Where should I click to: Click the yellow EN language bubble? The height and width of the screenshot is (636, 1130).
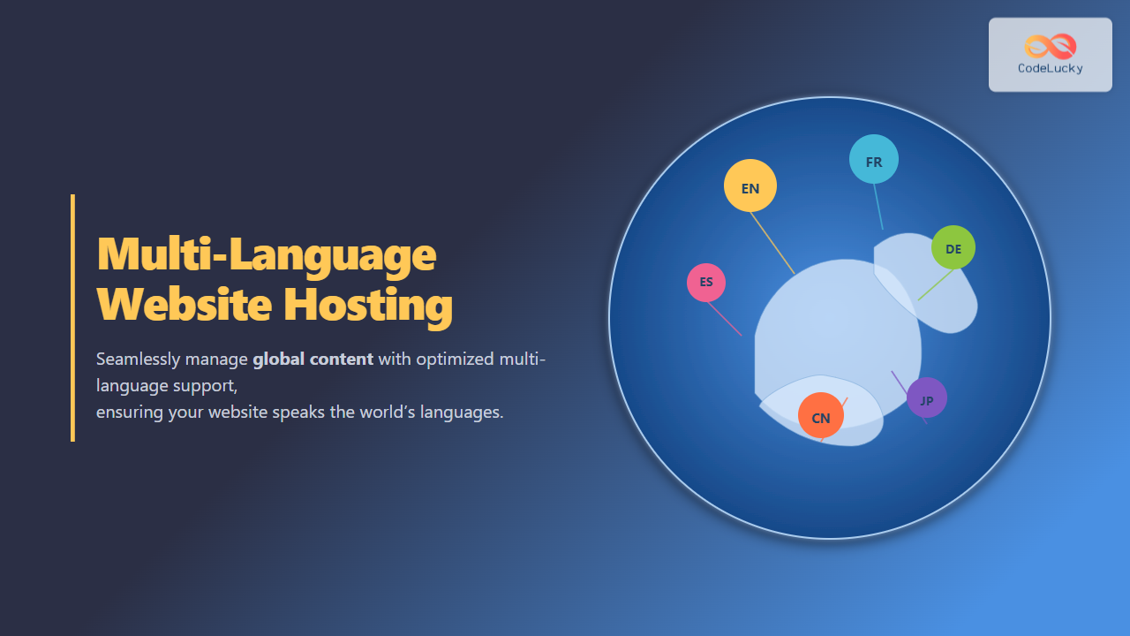tap(750, 185)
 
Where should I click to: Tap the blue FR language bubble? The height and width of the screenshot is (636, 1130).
tap(874, 159)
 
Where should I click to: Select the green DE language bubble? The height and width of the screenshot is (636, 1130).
tap(953, 247)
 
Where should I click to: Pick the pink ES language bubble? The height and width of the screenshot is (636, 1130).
tap(706, 283)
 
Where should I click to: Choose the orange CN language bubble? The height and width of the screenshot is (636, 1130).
tap(821, 415)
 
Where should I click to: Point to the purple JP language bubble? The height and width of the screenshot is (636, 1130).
tap(927, 397)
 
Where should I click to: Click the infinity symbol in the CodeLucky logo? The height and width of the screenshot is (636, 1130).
tap(1051, 47)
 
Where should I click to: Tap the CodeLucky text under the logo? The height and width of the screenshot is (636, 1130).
tap(1051, 69)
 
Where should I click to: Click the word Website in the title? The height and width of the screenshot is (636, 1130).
tap(185, 305)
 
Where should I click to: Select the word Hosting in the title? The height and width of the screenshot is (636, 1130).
tap(368, 307)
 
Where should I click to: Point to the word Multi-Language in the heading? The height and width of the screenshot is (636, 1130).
tap(267, 255)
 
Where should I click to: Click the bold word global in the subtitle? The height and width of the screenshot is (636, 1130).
tap(278, 360)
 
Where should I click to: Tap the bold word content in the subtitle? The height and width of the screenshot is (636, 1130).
tap(342, 360)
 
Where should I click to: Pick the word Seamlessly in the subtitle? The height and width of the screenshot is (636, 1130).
tap(139, 360)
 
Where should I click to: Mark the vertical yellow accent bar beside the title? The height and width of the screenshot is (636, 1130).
tap(72, 318)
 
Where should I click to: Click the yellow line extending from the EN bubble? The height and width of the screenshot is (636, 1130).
tap(772, 243)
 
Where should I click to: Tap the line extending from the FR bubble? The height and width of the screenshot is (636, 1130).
tap(878, 207)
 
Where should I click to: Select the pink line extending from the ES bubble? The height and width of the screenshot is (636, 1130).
tap(725, 319)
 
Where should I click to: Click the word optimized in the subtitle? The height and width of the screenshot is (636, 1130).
tap(455, 360)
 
